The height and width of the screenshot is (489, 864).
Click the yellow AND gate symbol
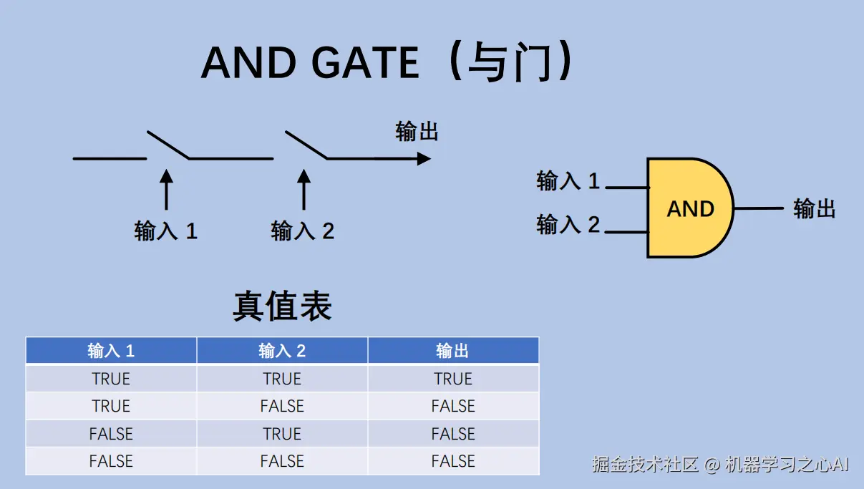click(689, 208)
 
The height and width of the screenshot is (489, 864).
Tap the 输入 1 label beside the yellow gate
click(568, 181)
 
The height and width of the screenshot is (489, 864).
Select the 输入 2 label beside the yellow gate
click(568, 225)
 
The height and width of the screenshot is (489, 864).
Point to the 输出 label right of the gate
click(815, 209)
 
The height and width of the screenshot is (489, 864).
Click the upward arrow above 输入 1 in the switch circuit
click(166, 189)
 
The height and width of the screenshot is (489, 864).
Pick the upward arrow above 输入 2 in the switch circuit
click(304, 189)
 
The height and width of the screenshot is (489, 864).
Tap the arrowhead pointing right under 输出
click(424, 158)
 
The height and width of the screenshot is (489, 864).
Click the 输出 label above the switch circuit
click(417, 132)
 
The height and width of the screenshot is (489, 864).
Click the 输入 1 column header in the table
click(111, 351)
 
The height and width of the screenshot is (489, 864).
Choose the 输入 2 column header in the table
click(282, 351)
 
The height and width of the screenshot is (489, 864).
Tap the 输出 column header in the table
click(453, 351)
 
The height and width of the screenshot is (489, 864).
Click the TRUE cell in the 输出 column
click(453, 379)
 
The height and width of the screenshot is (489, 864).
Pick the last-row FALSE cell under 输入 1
click(111, 461)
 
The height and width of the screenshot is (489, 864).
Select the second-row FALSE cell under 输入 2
click(282, 406)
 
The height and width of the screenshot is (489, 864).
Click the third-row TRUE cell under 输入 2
click(282, 434)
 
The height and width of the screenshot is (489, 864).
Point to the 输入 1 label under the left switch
click(165, 231)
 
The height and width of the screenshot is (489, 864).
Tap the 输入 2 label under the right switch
click(302, 231)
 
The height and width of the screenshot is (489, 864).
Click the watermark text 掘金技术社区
click(645, 465)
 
